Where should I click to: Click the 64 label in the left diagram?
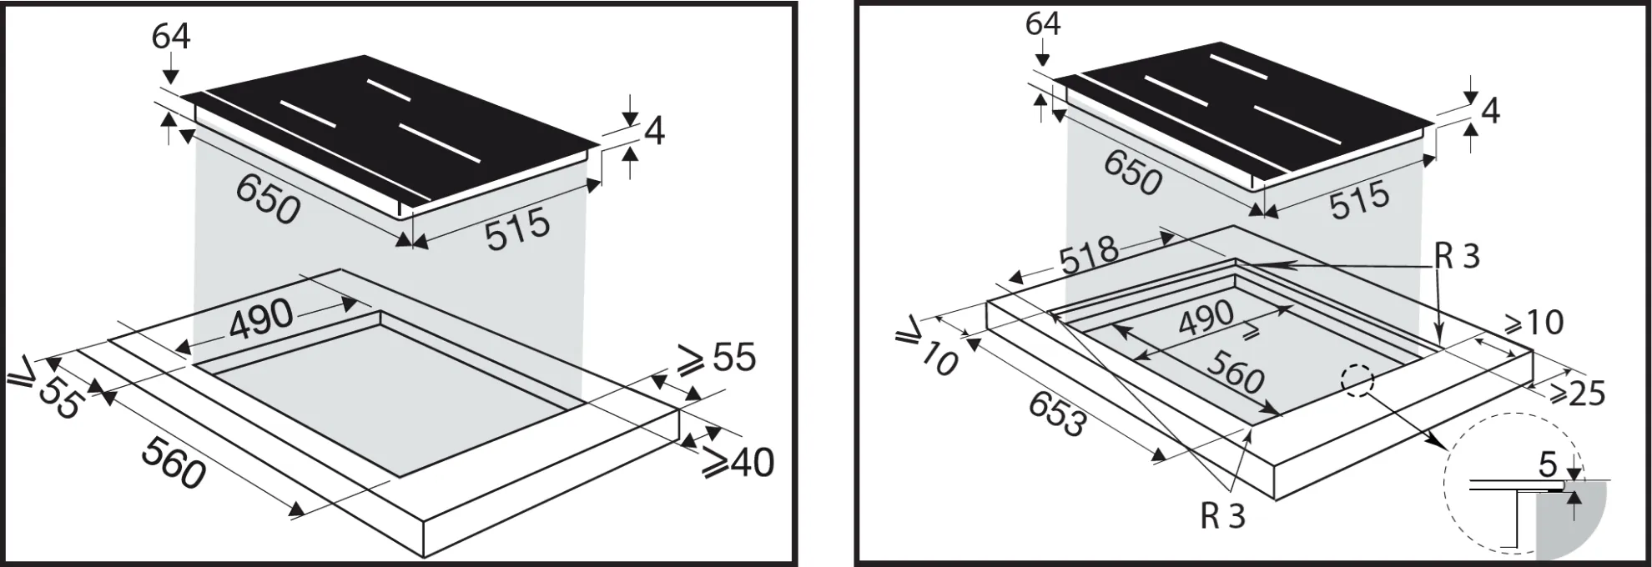point(171,37)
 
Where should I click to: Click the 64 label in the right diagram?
point(1043,23)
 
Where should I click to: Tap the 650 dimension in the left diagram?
point(268,201)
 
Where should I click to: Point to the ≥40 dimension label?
point(738,463)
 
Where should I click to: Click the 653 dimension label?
point(1056,414)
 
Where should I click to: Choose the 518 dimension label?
point(1088,256)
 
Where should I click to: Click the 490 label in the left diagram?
point(261,318)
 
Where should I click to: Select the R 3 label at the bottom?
point(1222,517)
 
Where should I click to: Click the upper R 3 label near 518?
point(1457,257)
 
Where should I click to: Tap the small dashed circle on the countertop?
point(1357,382)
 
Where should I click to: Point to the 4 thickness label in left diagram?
point(655,132)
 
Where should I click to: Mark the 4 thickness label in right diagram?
point(1490,111)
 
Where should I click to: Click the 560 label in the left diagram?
point(174,463)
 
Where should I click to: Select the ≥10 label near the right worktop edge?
point(1532,322)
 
